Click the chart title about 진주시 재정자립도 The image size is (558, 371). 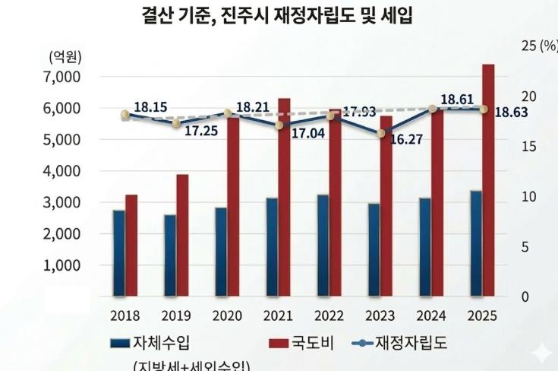point(277,15)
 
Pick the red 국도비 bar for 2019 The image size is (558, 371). point(183,235)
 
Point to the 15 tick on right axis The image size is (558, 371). point(528,147)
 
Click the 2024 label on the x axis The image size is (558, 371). point(430,316)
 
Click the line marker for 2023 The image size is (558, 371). point(381,133)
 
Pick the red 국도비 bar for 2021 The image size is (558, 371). point(284,197)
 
